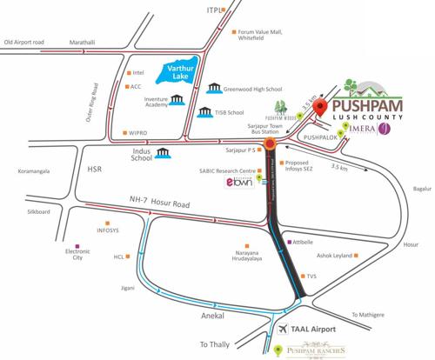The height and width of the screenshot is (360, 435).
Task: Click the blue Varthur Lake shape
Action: coord(178,75)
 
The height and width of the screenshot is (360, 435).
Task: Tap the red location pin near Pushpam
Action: coord(320,109)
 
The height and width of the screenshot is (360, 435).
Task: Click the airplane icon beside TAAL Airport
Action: coord(283,331)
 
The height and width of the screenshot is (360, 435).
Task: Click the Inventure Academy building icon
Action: coord(178,103)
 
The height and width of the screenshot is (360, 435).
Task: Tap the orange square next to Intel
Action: coord(128,74)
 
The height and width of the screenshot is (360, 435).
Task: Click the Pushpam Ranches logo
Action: coord(311,350)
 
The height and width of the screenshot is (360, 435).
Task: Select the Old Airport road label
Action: coord(37,42)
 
